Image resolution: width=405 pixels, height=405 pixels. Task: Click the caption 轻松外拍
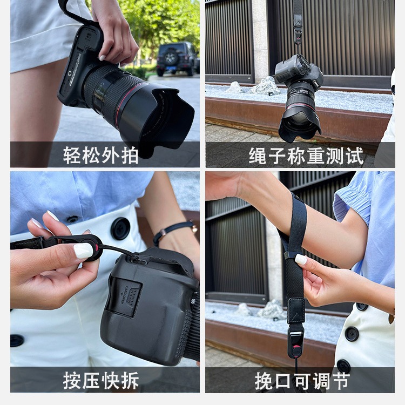pos(101,155)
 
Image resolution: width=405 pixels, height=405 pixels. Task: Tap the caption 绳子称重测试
pos(306,156)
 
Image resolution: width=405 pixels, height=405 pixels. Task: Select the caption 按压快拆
pos(101,380)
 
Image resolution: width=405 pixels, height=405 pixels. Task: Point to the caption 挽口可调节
pos(302,381)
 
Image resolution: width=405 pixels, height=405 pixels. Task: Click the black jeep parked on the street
pos(178,59)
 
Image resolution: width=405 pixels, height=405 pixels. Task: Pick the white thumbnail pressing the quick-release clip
pos(83,251)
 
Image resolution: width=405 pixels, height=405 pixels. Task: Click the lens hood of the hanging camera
pos(300,126)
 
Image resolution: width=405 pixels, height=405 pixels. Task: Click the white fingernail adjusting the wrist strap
pos(301,259)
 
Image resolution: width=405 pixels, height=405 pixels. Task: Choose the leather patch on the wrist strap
pos(296,310)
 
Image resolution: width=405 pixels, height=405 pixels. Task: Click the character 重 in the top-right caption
pos(316,156)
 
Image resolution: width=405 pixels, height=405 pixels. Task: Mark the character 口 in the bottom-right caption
pos(283,381)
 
